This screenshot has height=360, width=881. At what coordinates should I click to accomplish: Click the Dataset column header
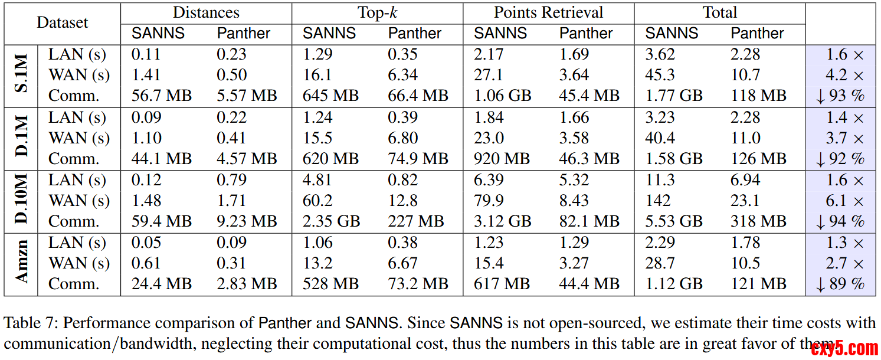(x=62, y=23)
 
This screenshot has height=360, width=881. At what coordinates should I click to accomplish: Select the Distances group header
(x=206, y=12)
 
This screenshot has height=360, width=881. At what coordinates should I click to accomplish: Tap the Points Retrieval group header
(x=548, y=12)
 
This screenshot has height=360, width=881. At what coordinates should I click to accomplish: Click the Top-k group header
(x=377, y=12)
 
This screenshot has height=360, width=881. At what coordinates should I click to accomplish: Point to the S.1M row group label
(x=21, y=75)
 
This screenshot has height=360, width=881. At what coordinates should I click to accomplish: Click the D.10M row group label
(x=21, y=201)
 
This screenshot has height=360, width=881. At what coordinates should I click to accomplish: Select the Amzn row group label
(x=21, y=263)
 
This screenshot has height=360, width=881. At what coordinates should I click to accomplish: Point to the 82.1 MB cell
(x=589, y=221)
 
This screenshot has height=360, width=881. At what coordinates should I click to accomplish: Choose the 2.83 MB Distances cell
(x=247, y=284)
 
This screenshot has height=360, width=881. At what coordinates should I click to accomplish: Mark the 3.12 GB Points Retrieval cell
(x=502, y=221)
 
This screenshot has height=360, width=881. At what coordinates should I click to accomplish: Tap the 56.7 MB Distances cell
(x=161, y=96)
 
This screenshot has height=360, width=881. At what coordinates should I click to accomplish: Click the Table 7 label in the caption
(x=30, y=323)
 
